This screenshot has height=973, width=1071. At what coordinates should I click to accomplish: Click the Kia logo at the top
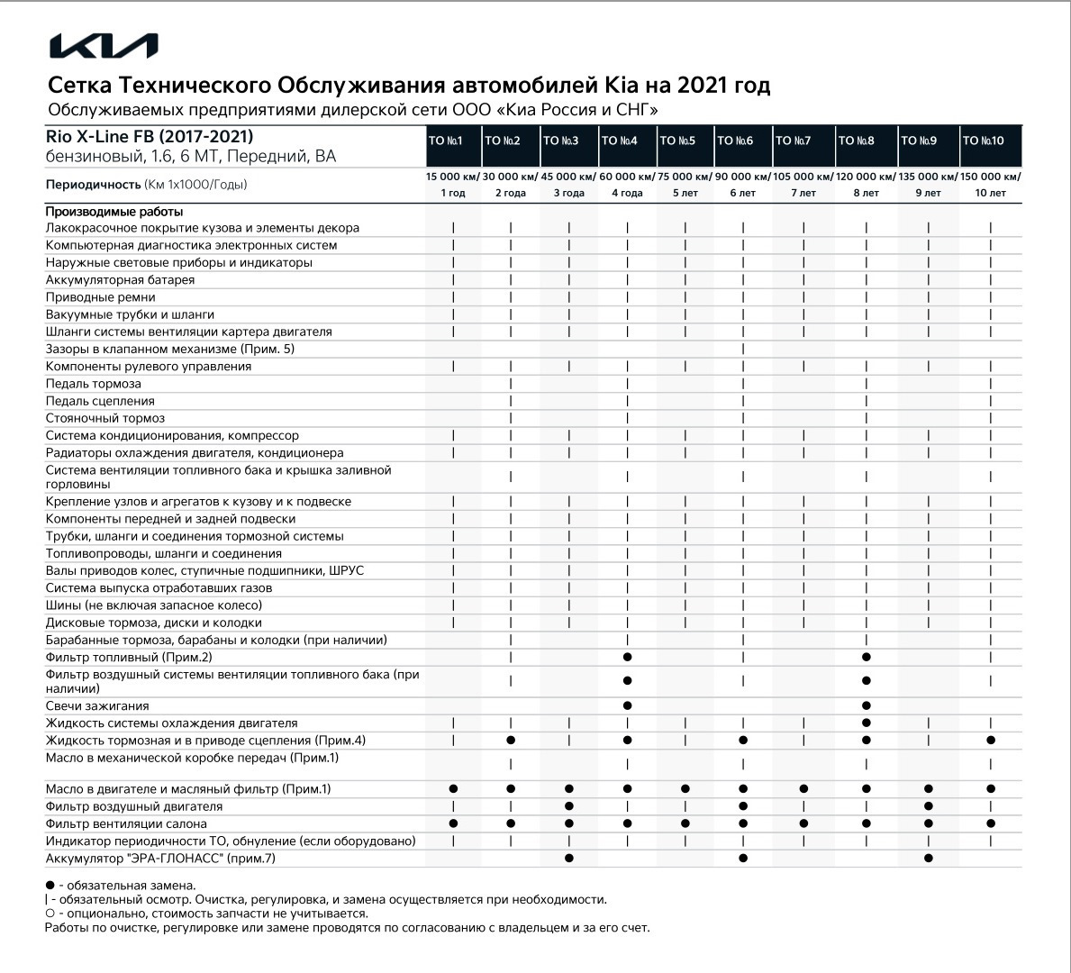pyautogui.click(x=104, y=47)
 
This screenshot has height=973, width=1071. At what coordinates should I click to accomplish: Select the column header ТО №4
pyautogui.click(x=620, y=141)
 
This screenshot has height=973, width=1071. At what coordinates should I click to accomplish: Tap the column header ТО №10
pyautogui.click(x=983, y=141)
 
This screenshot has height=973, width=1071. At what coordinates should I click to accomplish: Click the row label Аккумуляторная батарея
pyautogui.click(x=121, y=280)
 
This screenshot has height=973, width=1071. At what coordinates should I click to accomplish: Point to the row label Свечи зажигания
pyautogui.click(x=97, y=706)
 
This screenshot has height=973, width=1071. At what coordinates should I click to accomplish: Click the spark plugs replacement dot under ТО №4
pyautogui.click(x=627, y=705)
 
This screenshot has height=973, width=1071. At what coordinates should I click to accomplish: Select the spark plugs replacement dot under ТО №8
pyautogui.click(x=866, y=705)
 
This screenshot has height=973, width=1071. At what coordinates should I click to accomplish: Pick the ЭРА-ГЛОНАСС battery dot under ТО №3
pyautogui.click(x=568, y=859)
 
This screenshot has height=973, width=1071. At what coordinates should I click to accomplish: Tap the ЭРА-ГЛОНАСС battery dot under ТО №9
pyautogui.click(x=928, y=859)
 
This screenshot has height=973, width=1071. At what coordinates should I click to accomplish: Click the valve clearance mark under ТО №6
pyautogui.click(x=743, y=350)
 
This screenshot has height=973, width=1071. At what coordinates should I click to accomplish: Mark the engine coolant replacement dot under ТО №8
pyautogui.click(x=866, y=723)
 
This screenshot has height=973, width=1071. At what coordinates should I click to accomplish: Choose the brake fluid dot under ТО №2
pyautogui.click(x=511, y=741)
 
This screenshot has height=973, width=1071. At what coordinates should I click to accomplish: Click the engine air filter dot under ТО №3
pyautogui.click(x=568, y=806)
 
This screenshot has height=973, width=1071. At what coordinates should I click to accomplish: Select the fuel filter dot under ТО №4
pyautogui.click(x=627, y=658)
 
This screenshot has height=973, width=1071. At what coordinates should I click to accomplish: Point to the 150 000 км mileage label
pyautogui.click(x=991, y=177)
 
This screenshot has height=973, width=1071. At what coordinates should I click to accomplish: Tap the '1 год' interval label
pyautogui.click(x=453, y=193)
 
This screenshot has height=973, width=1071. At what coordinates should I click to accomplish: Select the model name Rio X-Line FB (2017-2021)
pyautogui.click(x=150, y=137)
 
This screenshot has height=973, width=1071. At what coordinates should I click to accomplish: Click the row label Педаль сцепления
pyautogui.click(x=100, y=401)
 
